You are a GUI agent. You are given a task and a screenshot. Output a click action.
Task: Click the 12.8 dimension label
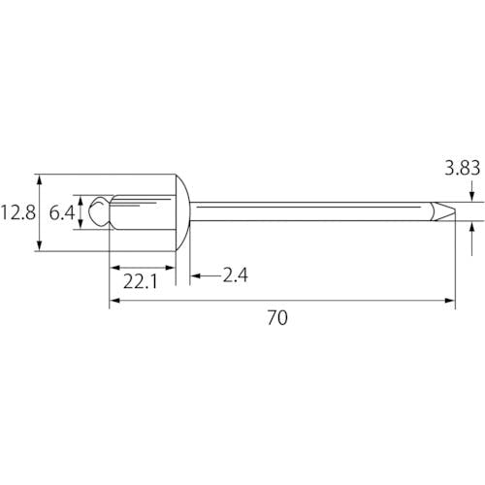coord(17,212)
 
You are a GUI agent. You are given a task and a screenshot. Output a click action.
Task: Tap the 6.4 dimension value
coord(62,213)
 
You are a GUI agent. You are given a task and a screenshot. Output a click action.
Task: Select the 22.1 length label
coord(141,281)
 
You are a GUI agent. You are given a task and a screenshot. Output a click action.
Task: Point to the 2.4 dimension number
coord(236,275)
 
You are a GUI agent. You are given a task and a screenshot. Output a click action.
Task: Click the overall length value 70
coord(277,317)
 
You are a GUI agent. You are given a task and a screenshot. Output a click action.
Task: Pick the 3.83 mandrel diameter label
coord(462,168)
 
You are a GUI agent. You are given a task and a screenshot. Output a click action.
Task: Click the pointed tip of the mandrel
coord(455,212)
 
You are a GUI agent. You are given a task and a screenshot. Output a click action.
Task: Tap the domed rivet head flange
coord(183,212)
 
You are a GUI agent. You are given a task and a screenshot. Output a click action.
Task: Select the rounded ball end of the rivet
coord(98,211)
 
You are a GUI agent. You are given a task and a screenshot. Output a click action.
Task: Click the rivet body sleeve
coord(143,212)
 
